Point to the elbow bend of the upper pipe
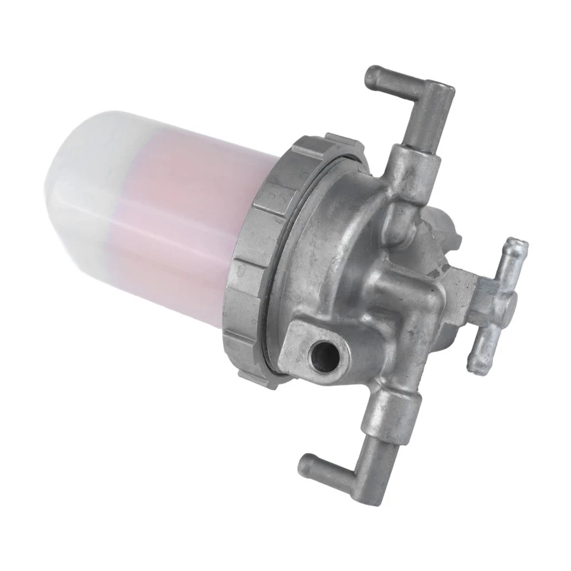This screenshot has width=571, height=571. pos(438,95)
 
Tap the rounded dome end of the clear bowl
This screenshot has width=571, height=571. pos(65,178)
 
